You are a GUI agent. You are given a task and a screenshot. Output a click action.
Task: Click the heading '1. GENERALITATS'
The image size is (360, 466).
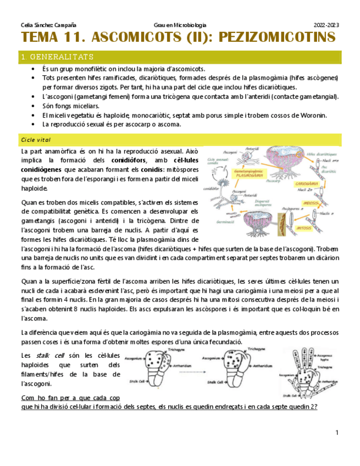pyautogui.click(x=57, y=57)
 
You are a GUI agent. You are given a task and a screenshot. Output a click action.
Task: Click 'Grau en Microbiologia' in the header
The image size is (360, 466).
pyautogui.click(x=180, y=25)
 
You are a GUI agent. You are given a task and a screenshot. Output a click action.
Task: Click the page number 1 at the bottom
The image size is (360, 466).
pyautogui.click(x=336, y=434)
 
